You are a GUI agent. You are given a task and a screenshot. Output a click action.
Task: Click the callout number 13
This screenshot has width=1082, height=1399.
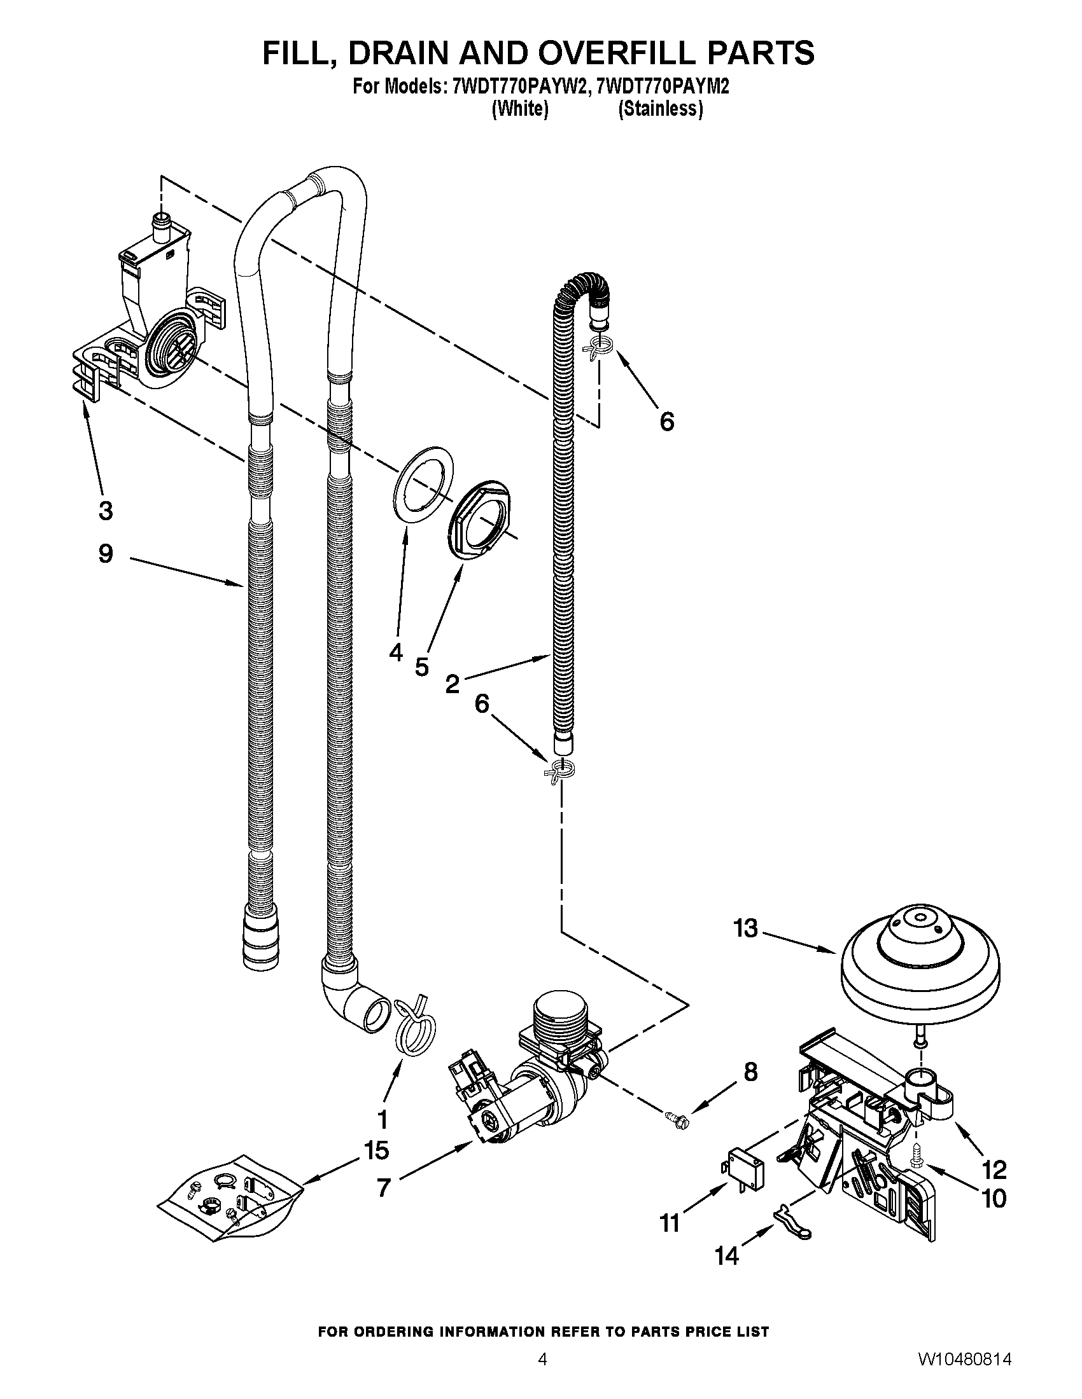point(746,928)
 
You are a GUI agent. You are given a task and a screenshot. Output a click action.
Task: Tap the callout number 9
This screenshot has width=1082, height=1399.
point(106,554)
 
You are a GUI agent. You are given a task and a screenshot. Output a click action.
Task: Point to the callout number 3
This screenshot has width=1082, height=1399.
point(106,511)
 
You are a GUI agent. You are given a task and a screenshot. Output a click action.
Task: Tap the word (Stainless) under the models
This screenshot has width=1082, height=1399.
point(660,109)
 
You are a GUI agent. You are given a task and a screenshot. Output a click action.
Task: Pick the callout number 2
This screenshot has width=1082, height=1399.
point(453,685)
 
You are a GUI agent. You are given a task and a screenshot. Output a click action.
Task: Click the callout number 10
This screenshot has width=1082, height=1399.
point(994,1199)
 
